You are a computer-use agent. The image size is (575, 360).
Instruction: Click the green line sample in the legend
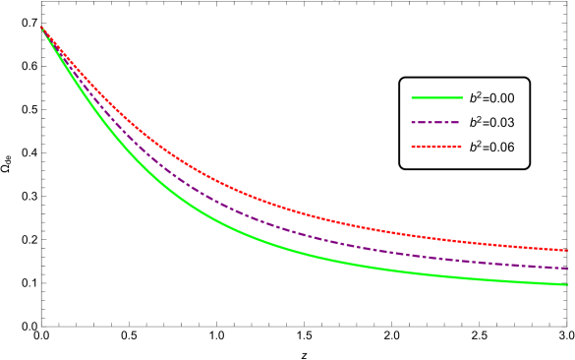(436, 97)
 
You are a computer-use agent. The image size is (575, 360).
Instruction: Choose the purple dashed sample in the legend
(436, 122)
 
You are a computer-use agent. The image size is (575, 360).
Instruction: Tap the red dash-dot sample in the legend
(436, 147)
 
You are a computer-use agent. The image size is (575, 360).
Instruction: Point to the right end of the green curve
(568, 285)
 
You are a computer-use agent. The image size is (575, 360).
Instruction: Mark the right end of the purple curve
(568, 268)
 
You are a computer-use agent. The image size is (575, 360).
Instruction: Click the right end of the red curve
(568, 250)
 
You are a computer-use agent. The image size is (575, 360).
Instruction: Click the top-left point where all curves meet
(40, 27)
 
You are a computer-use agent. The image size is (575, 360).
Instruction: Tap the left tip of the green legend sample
(412, 97)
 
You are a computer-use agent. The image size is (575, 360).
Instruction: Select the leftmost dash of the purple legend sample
(415, 122)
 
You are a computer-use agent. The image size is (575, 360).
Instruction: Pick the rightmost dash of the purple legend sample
(456, 122)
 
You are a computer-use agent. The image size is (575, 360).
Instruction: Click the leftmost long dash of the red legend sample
(417, 147)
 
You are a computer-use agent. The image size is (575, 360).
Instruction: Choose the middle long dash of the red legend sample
(436, 147)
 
